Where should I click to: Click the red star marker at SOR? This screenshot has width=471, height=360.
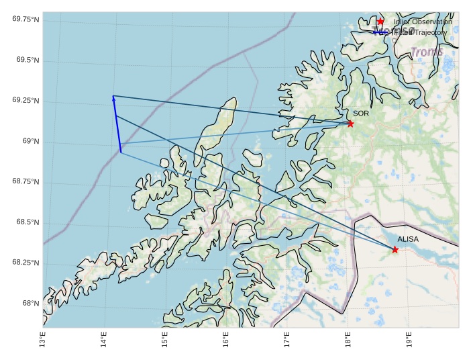[x=350, y=124]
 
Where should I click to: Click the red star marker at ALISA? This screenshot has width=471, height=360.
[x=395, y=250]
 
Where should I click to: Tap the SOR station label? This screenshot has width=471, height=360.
[x=361, y=114]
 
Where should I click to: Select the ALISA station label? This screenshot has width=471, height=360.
[x=408, y=239]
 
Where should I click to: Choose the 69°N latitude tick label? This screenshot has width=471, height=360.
[x=30, y=142]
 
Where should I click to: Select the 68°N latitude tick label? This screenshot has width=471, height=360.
[x=30, y=304]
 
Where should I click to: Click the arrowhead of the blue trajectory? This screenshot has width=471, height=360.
[x=113, y=98]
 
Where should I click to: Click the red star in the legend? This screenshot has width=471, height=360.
[x=380, y=21]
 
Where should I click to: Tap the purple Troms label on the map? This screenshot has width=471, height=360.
[x=427, y=52]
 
